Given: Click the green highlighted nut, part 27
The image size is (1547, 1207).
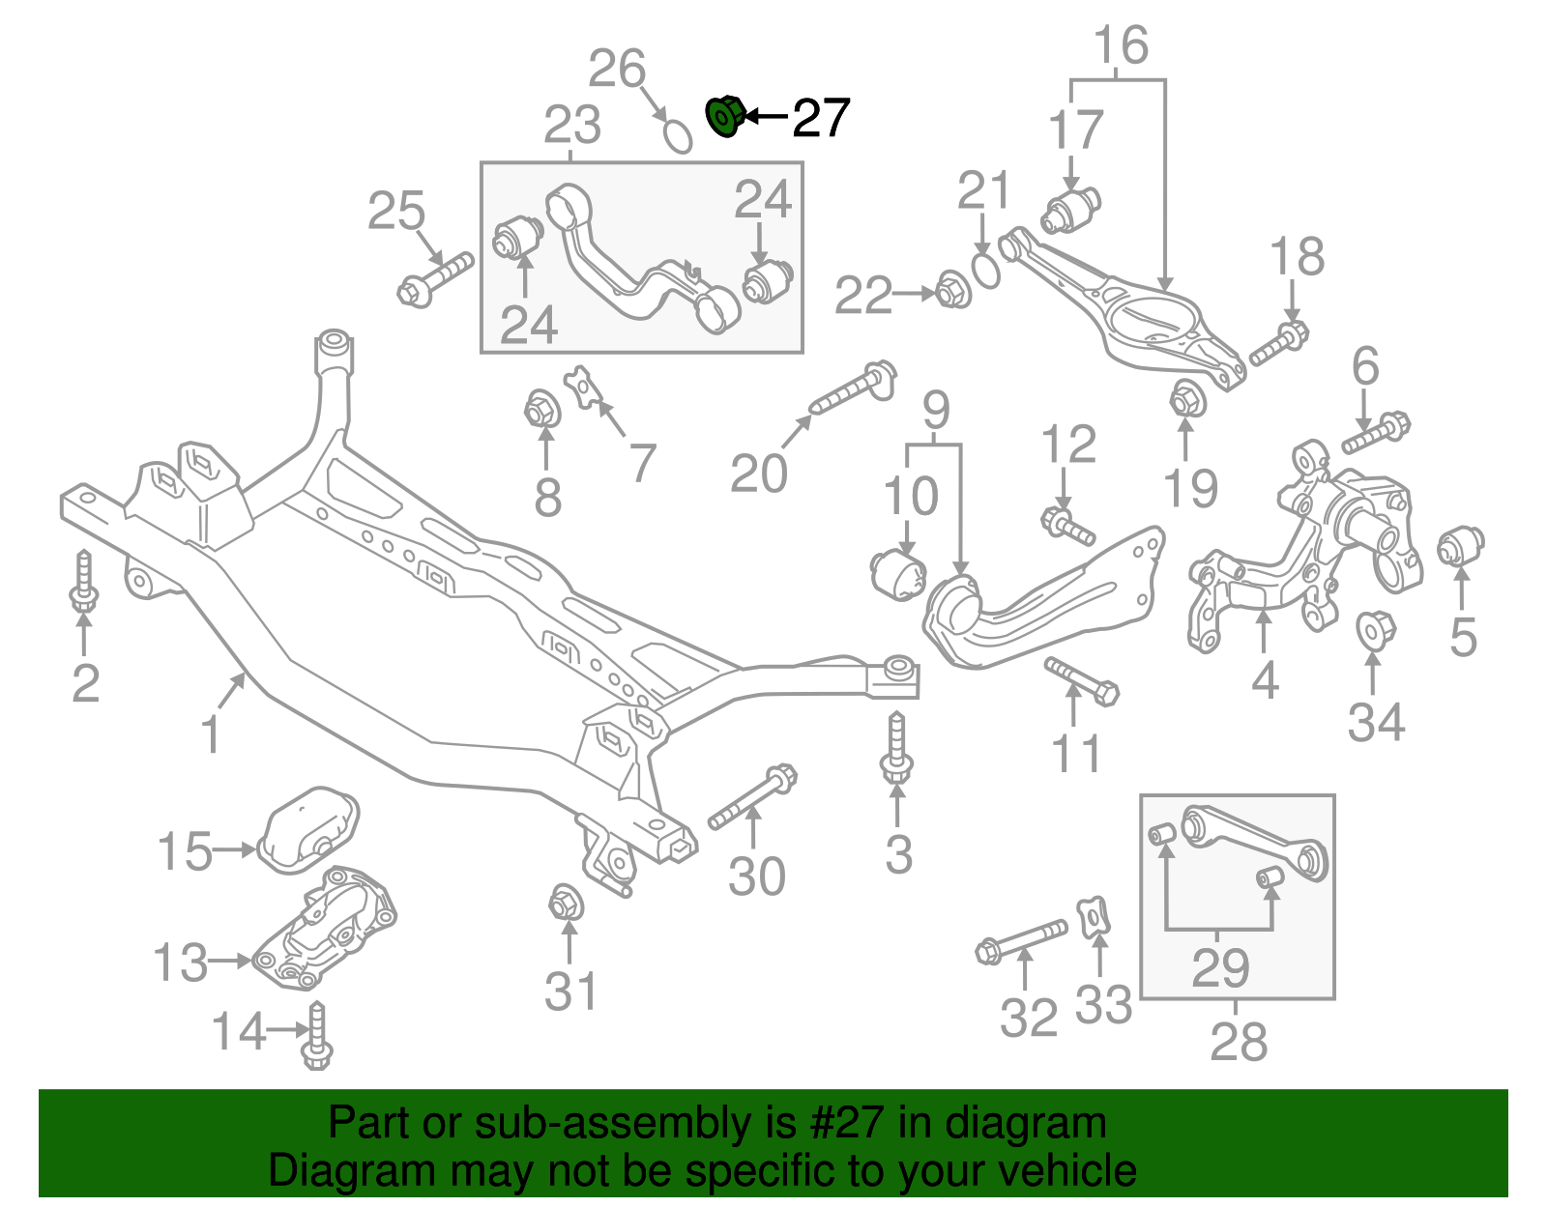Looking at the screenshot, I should (725, 117).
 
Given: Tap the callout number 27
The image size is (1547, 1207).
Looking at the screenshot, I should (821, 118).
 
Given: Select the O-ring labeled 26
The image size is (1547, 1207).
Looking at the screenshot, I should (678, 136).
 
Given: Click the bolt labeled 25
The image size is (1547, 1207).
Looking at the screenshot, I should (435, 278).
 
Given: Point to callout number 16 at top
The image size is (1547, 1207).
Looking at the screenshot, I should (1121, 45).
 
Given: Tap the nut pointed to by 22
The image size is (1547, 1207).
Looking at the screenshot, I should (953, 290).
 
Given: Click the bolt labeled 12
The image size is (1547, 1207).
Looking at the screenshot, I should (1067, 527).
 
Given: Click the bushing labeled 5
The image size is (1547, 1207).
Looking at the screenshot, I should (1460, 547).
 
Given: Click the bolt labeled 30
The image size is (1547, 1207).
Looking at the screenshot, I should (752, 798).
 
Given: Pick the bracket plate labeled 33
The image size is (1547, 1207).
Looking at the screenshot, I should (1095, 917).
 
